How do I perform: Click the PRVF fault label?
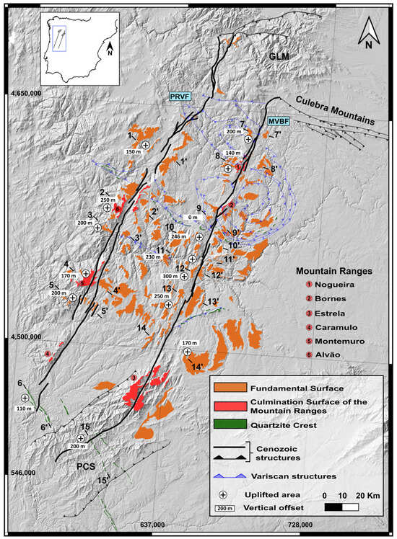click(178, 96)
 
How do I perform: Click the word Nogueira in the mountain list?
click(326, 285)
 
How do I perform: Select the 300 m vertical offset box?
click(191, 276)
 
